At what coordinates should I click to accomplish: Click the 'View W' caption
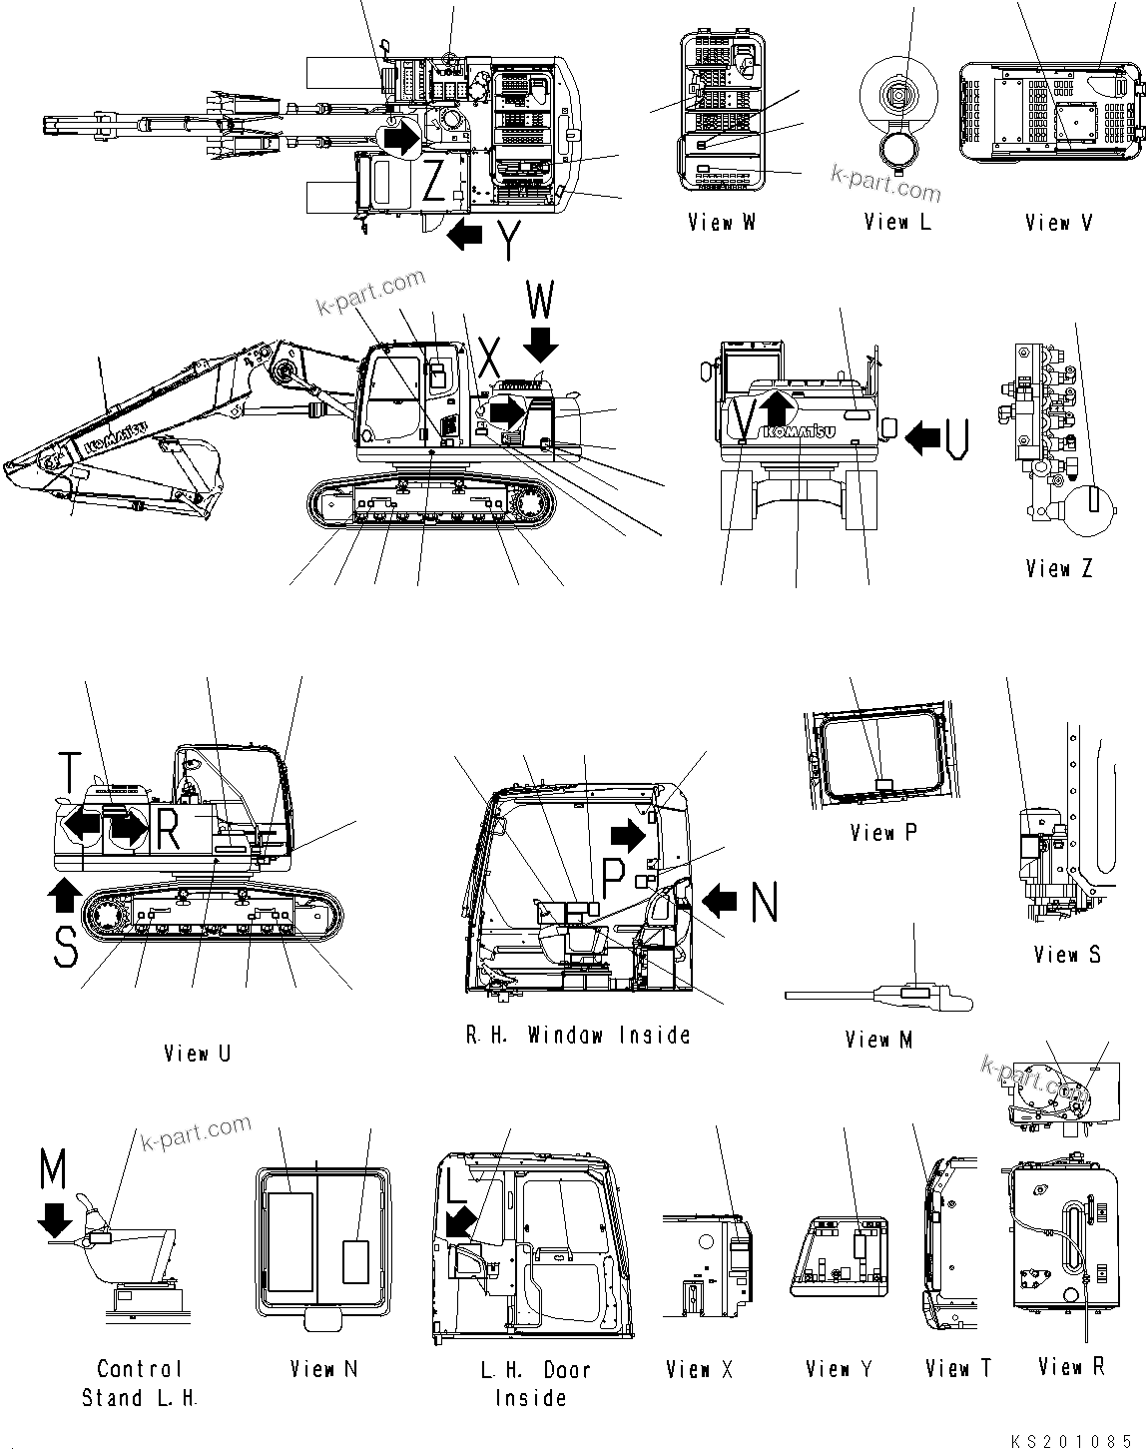click(721, 223)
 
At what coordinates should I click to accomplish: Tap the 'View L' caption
click(896, 223)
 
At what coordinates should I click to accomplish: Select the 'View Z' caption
click(1058, 569)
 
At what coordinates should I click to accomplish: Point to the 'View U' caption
click(198, 1053)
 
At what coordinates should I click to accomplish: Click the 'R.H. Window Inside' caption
click(578, 1035)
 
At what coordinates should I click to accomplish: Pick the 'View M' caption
click(878, 1040)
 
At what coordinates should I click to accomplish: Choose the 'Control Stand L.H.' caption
click(140, 1383)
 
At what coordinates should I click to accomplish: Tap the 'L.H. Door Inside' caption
click(531, 1383)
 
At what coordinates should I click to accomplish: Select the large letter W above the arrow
click(540, 301)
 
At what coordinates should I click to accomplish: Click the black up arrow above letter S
click(63, 895)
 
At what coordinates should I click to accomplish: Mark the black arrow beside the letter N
click(720, 902)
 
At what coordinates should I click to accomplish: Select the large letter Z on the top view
click(433, 181)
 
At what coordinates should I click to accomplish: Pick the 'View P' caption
click(882, 832)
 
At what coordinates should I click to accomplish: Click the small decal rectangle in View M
click(913, 993)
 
